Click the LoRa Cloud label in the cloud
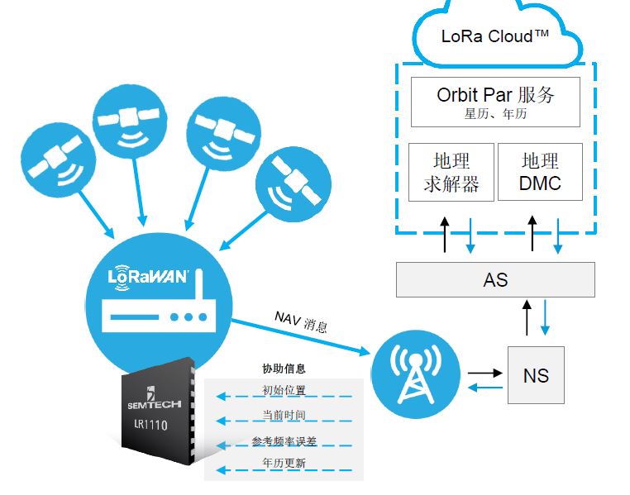pyautogui.click(x=494, y=36)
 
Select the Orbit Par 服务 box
pyautogui.click(x=495, y=102)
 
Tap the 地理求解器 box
pyautogui.click(x=451, y=172)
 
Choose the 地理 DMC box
pyautogui.click(x=540, y=172)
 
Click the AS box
pyautogui.click(x=495, y=280)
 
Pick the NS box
pyautogui.click(x=536, y=375)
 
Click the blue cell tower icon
pyautogui.click(x=415, y=374)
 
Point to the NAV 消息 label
pyautogui.click(x=301, y=321)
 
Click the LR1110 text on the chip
pyautogui.click(x=150, y=424)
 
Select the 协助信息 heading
pyautogui.click(x=284, y=369)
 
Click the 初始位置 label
pyautogui.click(x=284, y=390)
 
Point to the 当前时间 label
pyautogui.click(x=284, y=415)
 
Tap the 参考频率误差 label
pyautogui.click(x=284, y=441)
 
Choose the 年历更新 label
pyautogui.click(x=284, y=463)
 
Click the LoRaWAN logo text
pyautogui.click(x=148, y=277)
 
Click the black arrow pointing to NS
pyautogui.click(x=485, y=373)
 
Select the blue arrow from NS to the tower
pyautogui.click(x=485, y=388)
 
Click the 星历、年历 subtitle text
pyautogui.click(x=495, y=114)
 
